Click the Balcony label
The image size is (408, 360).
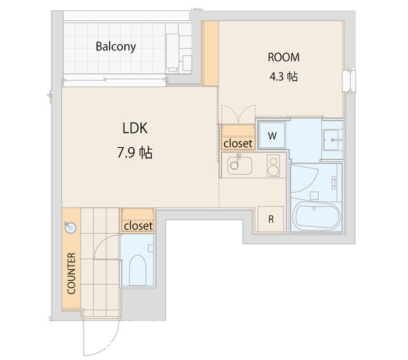115,47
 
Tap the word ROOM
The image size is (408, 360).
283,57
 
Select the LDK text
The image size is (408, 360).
135,128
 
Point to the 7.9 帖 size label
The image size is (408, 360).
135,153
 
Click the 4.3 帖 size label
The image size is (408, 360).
283,76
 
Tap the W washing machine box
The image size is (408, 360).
272,135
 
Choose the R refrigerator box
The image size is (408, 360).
271,219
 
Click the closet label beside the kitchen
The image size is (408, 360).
238,143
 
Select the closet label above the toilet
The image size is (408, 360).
138,226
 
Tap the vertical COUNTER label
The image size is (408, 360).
71,273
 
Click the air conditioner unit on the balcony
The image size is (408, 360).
178,52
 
